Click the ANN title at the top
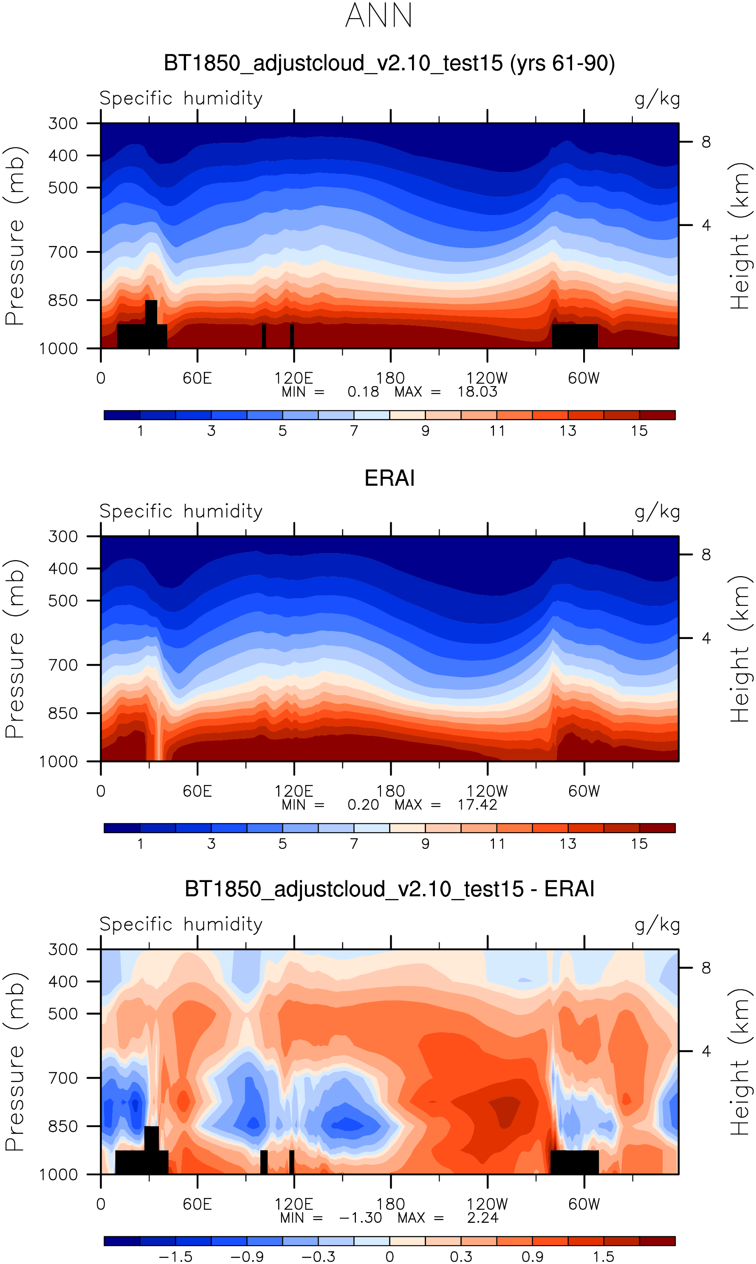pyautogui.click(x=378, y=16)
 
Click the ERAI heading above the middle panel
pyautogui.click(x=389, y=478)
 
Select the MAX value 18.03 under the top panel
pyautogui.click(x=477, y=392)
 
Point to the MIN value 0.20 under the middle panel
pyautogui.click(x=363, y=805)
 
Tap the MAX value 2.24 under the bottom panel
pyautogui.click(x=482, y=1218)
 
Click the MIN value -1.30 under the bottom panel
pyautogui.click(x=360, y=1218)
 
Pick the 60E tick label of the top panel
pyautogui.click(x=197, y=378)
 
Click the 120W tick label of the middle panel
pyautogui.click(x=487, y=791)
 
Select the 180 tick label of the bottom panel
pyautogui.click(x=390, y=1205)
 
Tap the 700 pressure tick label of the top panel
pyautogui.click(x=63, y=252)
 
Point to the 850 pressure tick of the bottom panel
pyautogui.click(x=63, y=1126)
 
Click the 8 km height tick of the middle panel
pyautogui.click(x=705, y=554)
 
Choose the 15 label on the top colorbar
pyautogui.click(x=639, y=431)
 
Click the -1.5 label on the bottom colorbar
pyautogui.click(x=176, y=1257)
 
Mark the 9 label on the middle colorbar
pyautogui.click(x=425, y=844)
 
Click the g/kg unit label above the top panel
pyautogui.click(x=657, y=98)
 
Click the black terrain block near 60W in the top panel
pyautogui.click(x=575, y=336)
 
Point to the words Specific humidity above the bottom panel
pyautogui.click(x=181, y=924)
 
